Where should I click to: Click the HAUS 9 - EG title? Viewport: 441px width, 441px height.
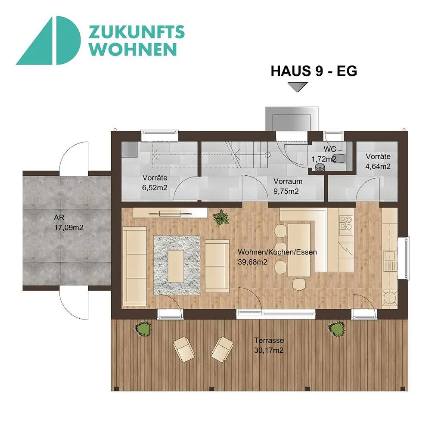tap(314, 71)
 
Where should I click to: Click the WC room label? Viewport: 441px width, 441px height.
tap(329, 149)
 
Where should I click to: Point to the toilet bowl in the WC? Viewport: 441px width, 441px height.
tap(340, 158)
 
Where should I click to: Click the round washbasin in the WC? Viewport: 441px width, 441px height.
tap(320, 168)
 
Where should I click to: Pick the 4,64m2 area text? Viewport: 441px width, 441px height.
tap(378, 167)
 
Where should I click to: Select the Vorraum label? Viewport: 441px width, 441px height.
tap(288, 181)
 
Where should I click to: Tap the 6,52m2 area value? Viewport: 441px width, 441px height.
tap(155, 188)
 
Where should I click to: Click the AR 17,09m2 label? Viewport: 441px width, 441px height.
tap(68, 223)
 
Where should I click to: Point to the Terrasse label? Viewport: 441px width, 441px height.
tap(269, 340)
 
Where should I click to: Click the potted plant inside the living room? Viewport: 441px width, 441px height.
tap(221, 217)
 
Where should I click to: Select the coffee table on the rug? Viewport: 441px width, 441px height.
tap(176, 266)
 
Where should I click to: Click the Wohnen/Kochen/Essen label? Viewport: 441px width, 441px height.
tap(277, 252)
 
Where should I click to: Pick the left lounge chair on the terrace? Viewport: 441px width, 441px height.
tap(183, 349)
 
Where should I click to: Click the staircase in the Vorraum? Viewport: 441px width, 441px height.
tap(246, 155)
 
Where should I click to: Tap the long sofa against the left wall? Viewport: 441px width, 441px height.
tap(135, 266)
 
